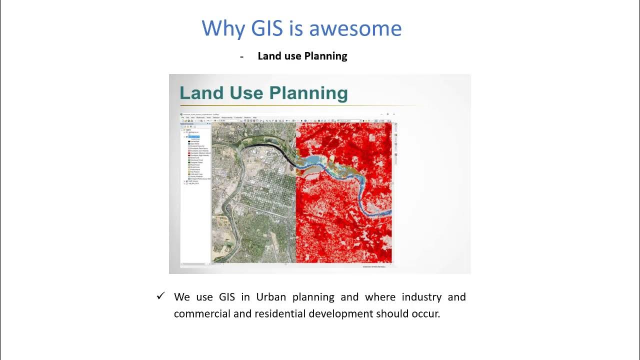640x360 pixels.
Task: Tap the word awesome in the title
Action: [355, 28]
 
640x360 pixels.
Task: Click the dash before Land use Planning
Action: [241, 56]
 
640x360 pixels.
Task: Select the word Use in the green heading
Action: [246, 93]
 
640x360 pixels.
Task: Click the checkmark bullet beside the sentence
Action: [160, 296]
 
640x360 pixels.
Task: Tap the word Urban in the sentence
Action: [271, 297]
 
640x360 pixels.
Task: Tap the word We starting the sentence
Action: [182, 297]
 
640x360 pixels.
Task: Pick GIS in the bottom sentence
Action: [226, 297]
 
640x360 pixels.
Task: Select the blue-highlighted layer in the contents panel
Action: [194, 136]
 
